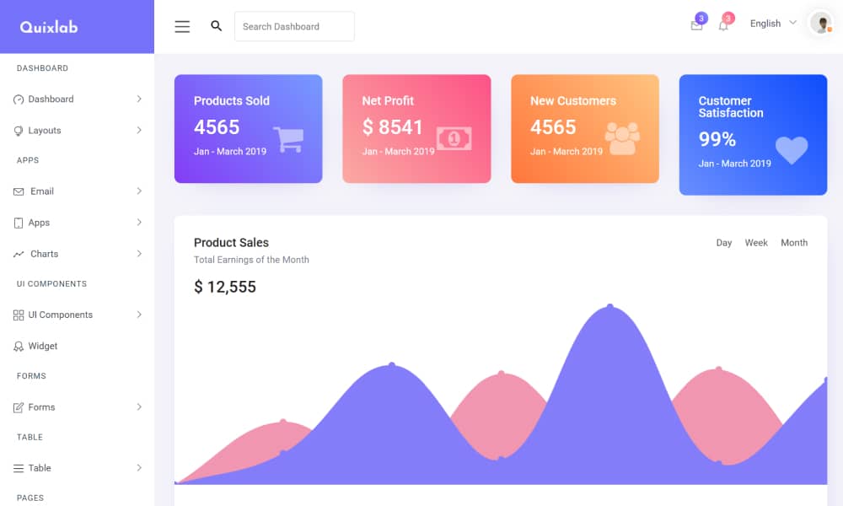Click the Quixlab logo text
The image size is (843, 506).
pyautogui.click(x=49, y=27)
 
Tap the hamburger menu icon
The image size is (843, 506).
pyautogui.click(x=182, y=26)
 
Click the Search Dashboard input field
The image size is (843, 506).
pyautogui.click(x=294, y=26)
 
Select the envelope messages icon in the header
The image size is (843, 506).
pyautogui.click(x=696, y=26)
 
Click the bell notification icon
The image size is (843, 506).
pyautogui.click(x=723, y=26)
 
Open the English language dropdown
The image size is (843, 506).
pyautogui.click(x=772, y=24)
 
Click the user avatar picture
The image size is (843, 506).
pyautogui.click(x=820, y=24)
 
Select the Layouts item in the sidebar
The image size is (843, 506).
pyautogui.click(x=45, y=131)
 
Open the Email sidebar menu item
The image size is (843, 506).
pyautogui.click(x=42, y=191)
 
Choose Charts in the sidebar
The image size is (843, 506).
pyautogui.click(x=45, y=254)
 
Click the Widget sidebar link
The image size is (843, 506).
pyautogui.click(x=43, y=346)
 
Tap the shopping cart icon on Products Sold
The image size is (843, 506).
pyautogui.click(x=288, y=139)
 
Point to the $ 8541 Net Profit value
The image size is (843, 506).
pyautogui.click(x=393, y=127)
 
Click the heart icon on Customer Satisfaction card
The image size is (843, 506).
pyautogui.click(x=792, y=150)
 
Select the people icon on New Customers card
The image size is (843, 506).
pyautogui.click(x=622, y=138)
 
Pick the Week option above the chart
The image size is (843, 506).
pyautogui.click(x=756, y=243)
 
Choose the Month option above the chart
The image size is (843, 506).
pyautogui.click(x=794, y=243)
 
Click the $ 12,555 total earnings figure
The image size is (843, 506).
pyautogui.click(x=225, y=287)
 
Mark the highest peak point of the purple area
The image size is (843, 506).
pyautogui.click(x=610, y=306)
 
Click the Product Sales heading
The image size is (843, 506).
pyautogui.click(x=231, y=243)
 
